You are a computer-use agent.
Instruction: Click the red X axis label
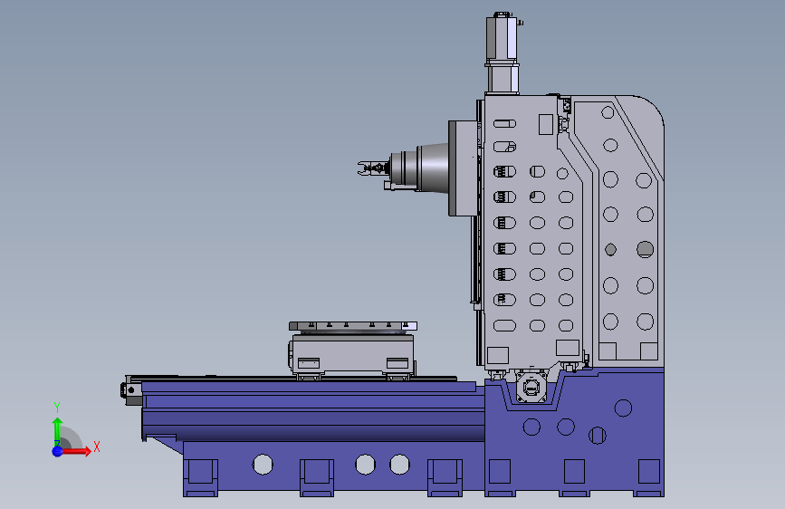click(x=97, y=447)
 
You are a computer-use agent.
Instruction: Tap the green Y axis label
click(x=57, y=408)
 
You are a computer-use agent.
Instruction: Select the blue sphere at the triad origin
click(x=58, y=451)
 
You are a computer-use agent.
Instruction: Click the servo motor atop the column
click(x=503, y=53)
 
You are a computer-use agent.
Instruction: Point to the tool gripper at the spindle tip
click(x=371, y=168)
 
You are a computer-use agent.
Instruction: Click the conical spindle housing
click(x=433, y=168)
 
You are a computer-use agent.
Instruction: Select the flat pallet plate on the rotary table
click(x=353, y=326)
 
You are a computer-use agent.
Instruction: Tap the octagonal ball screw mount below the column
click(x=531, y=387)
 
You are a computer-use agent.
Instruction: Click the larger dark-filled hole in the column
click(x=645, y=249)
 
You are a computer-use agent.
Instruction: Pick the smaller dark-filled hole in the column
click(x=610, y=249)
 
